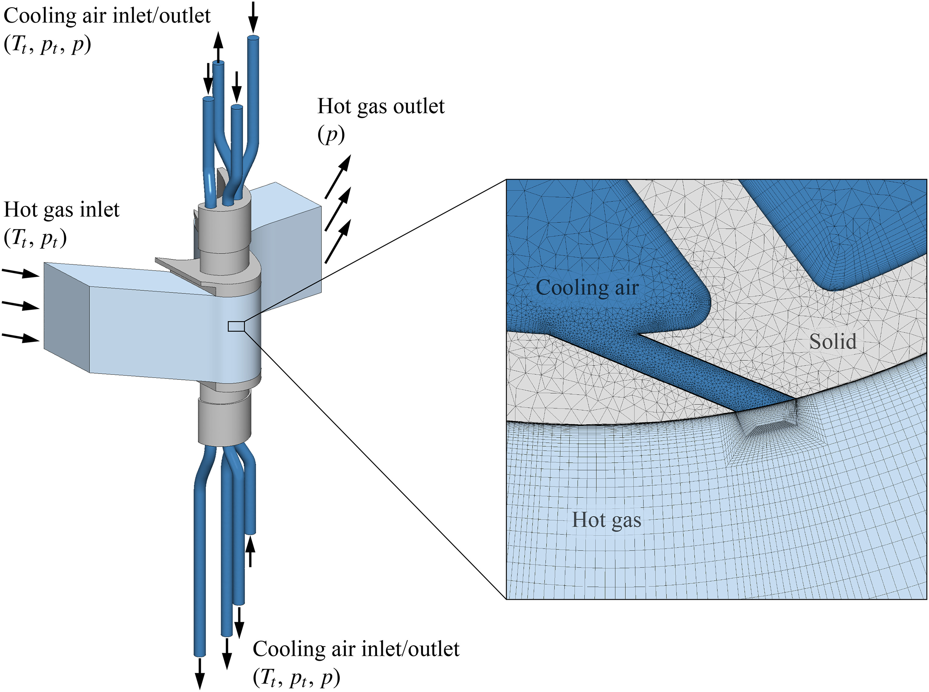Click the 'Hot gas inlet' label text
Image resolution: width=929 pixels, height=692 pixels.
point(62,210)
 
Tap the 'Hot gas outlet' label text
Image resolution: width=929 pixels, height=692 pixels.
point(381,106)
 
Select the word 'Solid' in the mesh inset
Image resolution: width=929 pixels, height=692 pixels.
point(832,342)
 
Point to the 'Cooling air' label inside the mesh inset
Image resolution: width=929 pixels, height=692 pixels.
point(587,288)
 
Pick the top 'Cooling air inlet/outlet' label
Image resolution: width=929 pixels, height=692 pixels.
point(107,16)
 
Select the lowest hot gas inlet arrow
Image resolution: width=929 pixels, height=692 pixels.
point(21,337)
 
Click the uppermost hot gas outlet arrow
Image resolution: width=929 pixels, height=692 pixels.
point(338,176)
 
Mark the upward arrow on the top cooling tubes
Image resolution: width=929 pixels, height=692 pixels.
point(217,47)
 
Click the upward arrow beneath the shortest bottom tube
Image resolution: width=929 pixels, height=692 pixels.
point(250,552)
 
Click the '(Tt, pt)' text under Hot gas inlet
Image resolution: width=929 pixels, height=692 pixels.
point(35,239)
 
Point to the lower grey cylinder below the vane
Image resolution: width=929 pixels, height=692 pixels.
point(224,423)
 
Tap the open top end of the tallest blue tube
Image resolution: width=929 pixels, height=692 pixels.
point(253,38)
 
